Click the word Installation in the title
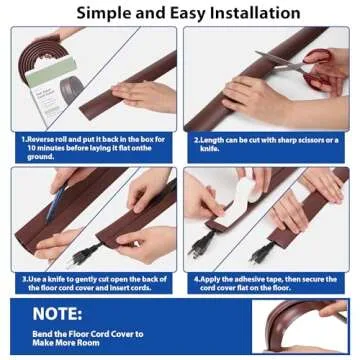246,13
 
